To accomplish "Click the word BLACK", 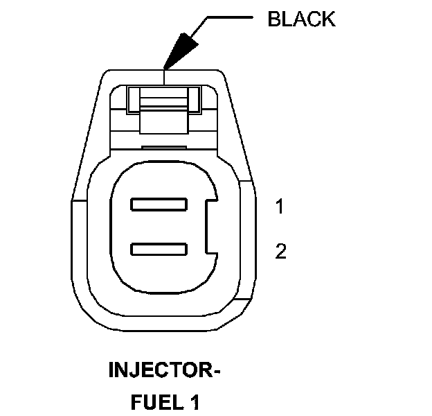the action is click(301, 19).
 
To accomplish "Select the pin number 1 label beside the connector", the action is click(280, 207).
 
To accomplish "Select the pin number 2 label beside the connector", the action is click(280, 251).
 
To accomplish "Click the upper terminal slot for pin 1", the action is click(159, 205).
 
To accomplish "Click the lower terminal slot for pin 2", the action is click(159, 248).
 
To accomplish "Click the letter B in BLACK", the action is click(273, 19).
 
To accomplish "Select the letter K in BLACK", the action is click(327, 19).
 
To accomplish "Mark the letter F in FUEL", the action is click(136, 401).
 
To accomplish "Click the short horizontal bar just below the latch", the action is click(165, 147).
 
